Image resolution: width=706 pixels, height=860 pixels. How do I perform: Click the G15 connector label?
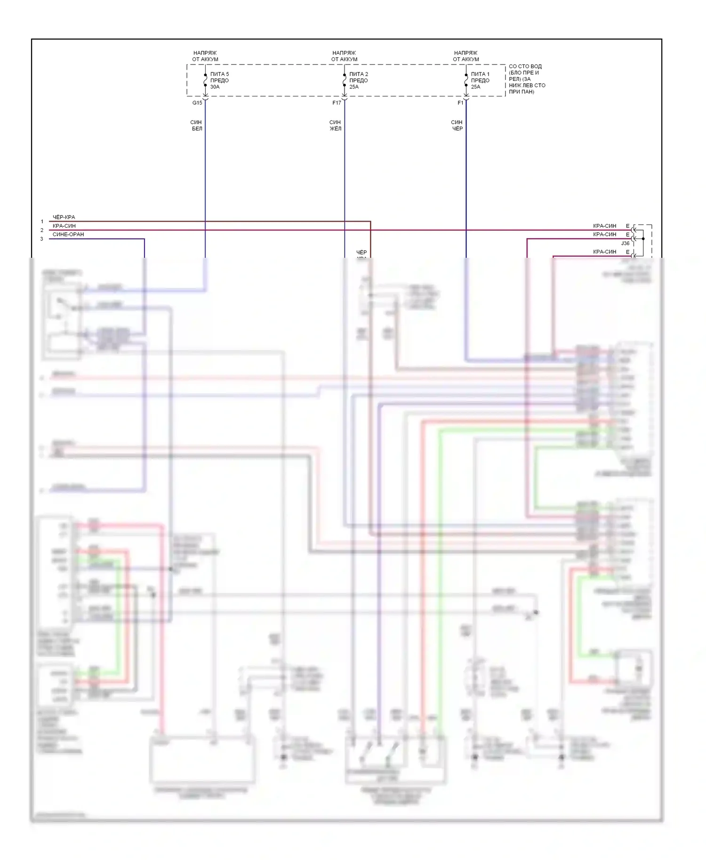pos(197,103)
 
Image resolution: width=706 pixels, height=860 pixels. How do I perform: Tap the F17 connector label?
pos(337,103)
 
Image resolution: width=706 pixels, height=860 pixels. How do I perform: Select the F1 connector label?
pos(460,103)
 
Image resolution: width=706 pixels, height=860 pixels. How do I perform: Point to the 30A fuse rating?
pos(215,87)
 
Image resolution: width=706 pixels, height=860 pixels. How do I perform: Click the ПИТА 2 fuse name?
pos(359,74)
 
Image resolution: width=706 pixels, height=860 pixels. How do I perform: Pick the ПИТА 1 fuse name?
pos(480,74)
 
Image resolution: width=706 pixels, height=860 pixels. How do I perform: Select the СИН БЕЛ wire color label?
pos(196,125)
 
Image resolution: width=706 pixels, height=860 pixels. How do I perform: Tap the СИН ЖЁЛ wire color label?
pos(335,125)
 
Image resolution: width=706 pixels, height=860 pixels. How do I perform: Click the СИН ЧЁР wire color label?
pos(457,125)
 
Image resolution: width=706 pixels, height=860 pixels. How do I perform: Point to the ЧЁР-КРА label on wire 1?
pos(64,217)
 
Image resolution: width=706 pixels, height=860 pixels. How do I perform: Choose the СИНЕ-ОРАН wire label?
pos(68,234)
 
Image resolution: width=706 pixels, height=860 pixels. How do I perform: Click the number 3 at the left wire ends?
pos(41,239)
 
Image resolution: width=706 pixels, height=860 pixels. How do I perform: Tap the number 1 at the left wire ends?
pos(42,222)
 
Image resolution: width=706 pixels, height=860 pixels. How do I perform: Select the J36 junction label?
pos(625,243)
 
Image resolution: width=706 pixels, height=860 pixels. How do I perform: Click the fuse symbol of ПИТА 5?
pos(205,80)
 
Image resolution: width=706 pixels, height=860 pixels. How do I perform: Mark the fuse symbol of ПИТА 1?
pos(466,80)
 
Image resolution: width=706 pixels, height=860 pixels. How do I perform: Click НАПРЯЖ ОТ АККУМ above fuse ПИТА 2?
pos(344,56)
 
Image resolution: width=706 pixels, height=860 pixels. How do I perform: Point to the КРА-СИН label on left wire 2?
pos(64,226)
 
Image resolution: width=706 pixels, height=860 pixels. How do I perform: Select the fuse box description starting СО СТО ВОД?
pos(527,79)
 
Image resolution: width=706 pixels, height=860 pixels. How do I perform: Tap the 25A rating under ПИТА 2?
pos(354,87)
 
